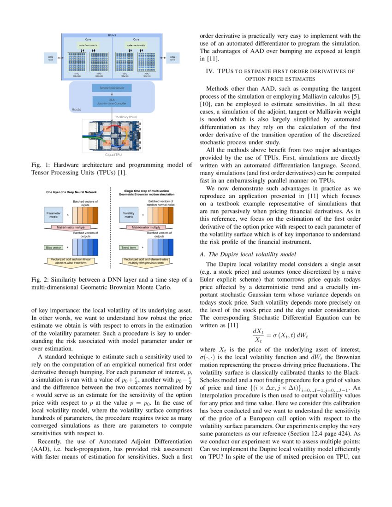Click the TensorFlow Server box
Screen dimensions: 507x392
click(x=112, y=88)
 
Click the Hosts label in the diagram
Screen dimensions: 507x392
click(x=77, y=110)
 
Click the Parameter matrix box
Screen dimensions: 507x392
click(x=53, y=215)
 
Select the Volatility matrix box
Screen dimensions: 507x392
click(x=128, y=215)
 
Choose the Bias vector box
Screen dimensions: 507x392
click(x=53, y=248)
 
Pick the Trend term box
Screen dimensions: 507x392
click(x=128, y=248)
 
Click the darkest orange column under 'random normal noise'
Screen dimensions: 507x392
click(x=171, y=215)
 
